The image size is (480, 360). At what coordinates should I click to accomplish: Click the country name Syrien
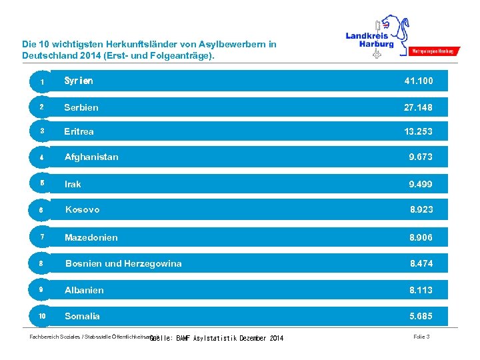79,81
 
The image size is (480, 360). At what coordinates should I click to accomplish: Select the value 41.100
418,81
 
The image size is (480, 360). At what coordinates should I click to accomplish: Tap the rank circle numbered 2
41,107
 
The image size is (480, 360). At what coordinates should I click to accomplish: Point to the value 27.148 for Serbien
418,107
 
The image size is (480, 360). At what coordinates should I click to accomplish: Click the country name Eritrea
79,131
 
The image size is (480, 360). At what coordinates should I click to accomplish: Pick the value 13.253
418,131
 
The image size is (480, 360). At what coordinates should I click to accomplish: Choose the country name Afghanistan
91,157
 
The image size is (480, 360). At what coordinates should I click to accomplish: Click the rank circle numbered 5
41,183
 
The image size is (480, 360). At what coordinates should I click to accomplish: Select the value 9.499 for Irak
421,184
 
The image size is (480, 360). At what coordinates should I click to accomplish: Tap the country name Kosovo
82,209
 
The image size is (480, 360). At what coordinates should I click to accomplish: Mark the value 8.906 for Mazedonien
421,237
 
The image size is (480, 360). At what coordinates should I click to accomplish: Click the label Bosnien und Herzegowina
123,263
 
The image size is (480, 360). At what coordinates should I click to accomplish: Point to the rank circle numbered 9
41,290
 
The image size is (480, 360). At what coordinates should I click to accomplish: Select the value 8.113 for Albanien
421,290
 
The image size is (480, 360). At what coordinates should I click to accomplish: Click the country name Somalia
82,316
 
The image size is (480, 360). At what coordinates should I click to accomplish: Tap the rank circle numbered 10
41,316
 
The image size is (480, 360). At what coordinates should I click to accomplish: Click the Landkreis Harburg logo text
369,40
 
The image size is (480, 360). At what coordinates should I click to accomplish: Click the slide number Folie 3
421,337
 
